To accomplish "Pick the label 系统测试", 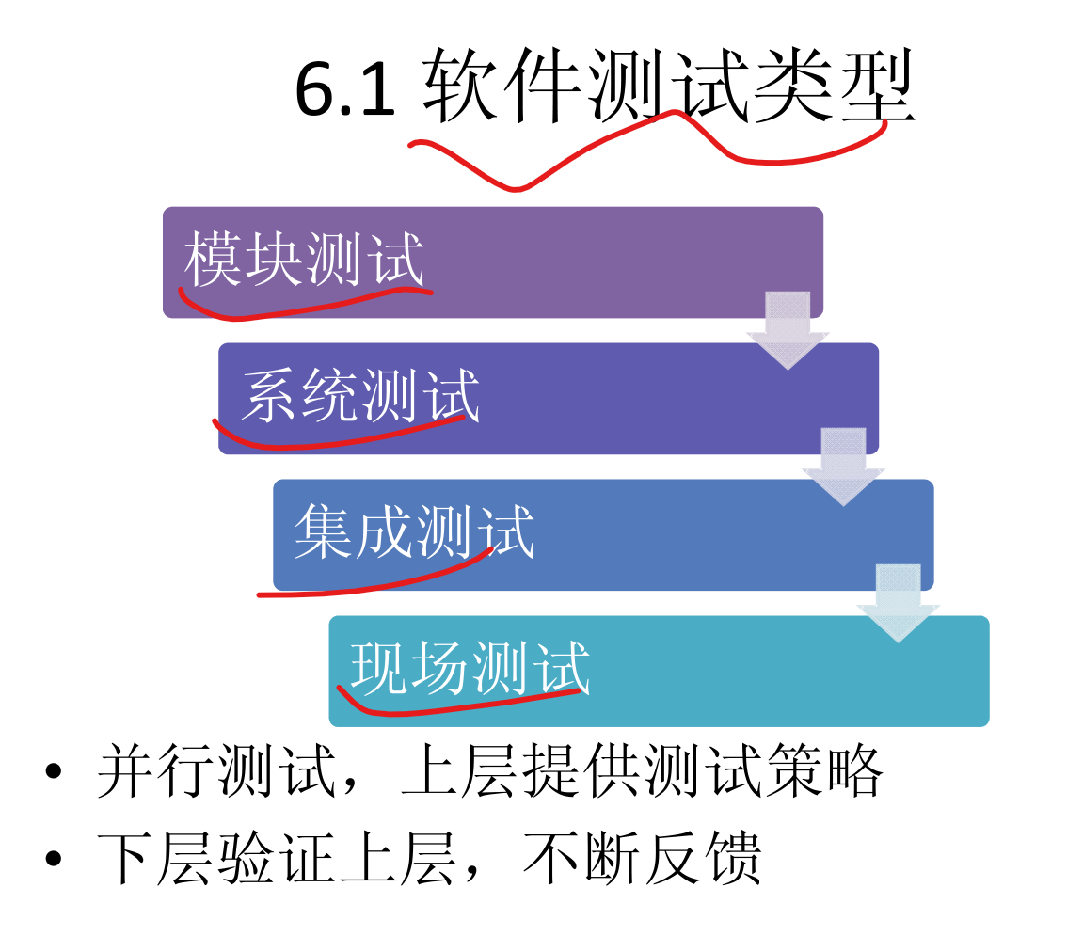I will tap(359, 395).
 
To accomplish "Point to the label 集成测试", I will tap(414, 531).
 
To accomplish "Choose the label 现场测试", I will tap(470, 668).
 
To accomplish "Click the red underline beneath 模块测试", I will tap(301, 306).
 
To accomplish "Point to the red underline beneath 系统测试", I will tap(339, 438).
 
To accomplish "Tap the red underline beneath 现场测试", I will tap(461, 705).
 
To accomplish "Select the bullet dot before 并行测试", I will tap(54, 771).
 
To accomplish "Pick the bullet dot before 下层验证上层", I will tap(54, 858).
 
